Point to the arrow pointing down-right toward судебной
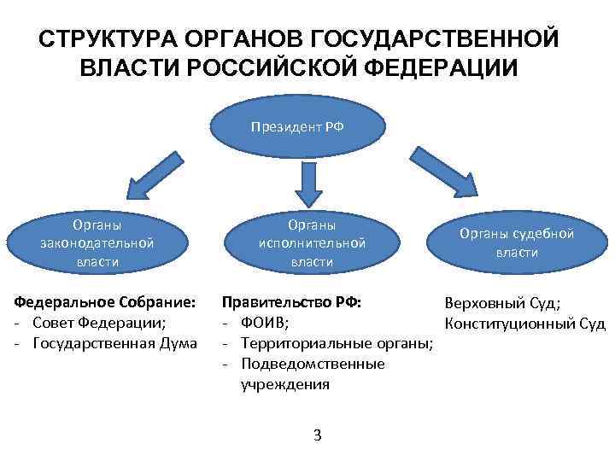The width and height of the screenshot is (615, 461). coord(444,172)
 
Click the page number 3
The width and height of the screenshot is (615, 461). coord(317,436)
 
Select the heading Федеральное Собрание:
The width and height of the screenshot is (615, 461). coord(104,302)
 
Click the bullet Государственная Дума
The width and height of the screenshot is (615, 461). coord(115,343)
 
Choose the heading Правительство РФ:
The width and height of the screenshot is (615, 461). coord(291,302)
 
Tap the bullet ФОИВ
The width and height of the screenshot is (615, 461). coord(265,323)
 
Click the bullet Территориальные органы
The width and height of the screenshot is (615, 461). coord(337,343)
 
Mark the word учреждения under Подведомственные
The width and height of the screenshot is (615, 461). coord(284,384)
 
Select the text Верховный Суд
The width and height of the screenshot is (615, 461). coord(501,303)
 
